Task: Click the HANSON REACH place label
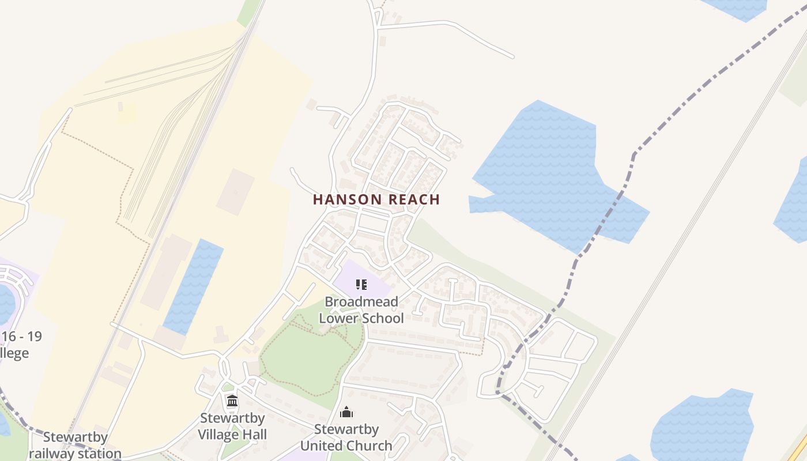point(376,199)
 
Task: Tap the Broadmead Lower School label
point(361,309)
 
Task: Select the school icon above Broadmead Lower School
point(361,284)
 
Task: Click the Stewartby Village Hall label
point(232,426)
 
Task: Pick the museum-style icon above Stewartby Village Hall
point(232,401)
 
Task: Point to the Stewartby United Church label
point(346,437)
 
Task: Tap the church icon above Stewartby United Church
point(346,412)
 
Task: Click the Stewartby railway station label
point(75,445)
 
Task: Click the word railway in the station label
point(51,453)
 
